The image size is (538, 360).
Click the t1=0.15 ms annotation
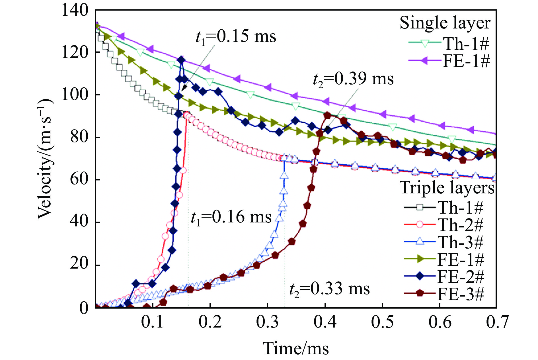click(236, 37)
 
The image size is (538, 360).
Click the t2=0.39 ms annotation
click(353, 79)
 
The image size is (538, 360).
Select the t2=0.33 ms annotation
click(329, 289)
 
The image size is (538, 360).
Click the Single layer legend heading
click(445, 23)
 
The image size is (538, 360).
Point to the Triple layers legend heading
click(447, 188)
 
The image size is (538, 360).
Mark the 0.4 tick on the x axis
click(325, 322)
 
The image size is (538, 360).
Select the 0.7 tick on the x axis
click(497, 322)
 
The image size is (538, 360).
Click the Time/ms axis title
click(296, 348)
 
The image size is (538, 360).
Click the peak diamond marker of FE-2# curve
click(181, 60)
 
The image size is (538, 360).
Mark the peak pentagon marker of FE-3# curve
click(327, 115)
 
